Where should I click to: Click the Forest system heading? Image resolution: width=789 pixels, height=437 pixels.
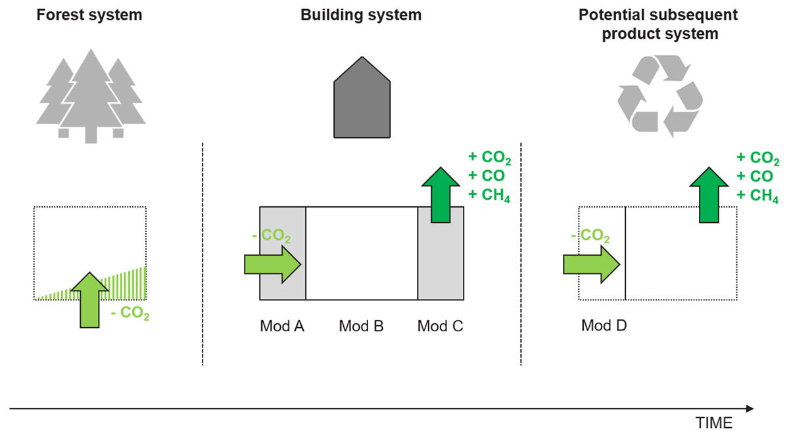(x=89, y=14)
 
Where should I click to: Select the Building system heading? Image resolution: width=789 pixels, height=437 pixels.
(x=361, y=14)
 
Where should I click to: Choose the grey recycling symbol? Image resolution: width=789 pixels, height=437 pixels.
(x=659, y=96)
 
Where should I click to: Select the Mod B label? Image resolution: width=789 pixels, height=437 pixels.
(x=361, y=326)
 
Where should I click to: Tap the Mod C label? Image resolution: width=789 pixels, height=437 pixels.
(x=441, y=326)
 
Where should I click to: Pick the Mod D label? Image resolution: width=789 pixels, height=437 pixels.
(x=604, y=326)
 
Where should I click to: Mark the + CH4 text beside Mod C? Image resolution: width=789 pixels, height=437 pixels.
(x=487, y=195)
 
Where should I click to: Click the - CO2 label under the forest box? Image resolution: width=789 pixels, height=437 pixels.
(x=130, y=315)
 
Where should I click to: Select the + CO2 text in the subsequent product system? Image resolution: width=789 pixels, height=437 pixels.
(x=758, y=158)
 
